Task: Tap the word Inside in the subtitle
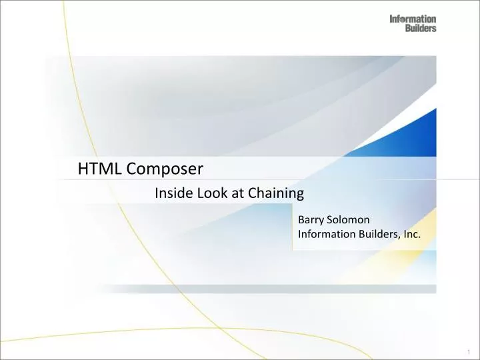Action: pos(171,194)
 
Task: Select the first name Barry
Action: pos(311,219)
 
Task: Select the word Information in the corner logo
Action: pos(413,19)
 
